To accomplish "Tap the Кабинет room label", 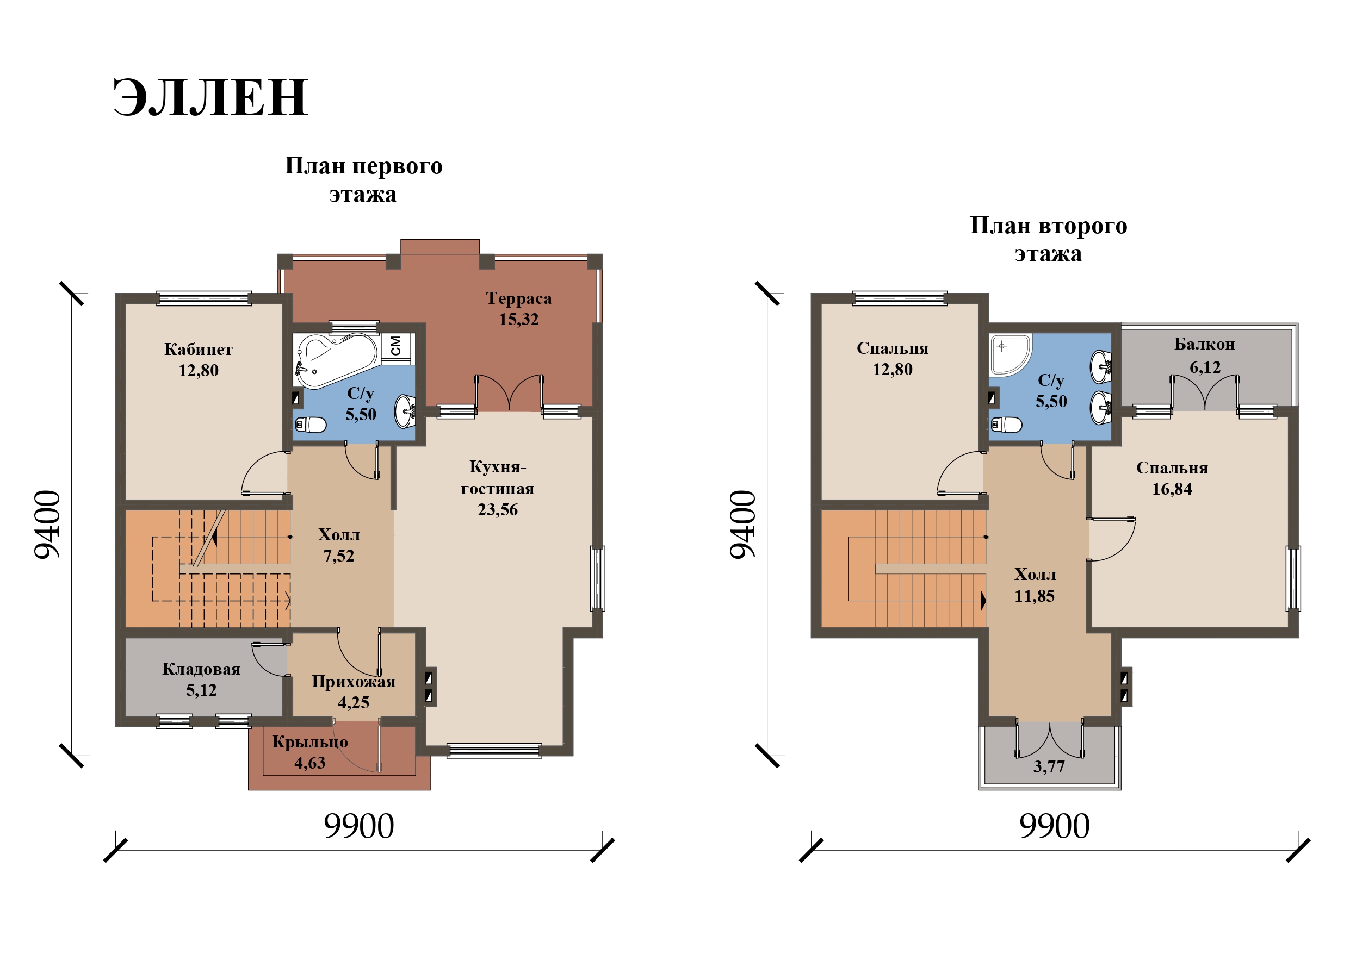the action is point(198,350).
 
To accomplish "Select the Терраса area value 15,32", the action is point(518,320).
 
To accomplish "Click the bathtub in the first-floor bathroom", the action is point(336,360).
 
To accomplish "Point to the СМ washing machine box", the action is point(397,346).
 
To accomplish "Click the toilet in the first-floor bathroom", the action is point(311,424).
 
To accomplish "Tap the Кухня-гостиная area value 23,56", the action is point(498,510).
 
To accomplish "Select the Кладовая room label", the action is point(201,670).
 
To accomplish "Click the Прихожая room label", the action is point(354,682).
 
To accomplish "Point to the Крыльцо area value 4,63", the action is point(310,763).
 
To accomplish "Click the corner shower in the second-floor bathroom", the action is point(1010,355).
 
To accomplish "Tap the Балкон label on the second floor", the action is point(1205,345).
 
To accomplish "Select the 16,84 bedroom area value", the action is point(1172,489).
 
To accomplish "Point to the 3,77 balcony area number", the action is point(1049,766).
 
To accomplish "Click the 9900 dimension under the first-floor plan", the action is point(358,826).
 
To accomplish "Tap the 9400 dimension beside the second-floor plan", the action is point(743,525).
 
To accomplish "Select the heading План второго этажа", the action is point(1048,240).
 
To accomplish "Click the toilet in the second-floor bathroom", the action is point(1006,424).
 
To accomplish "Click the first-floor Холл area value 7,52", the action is point(339,556).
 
